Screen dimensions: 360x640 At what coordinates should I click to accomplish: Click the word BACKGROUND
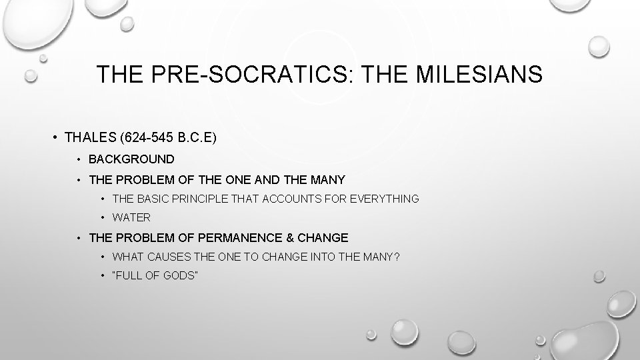click(131, 159)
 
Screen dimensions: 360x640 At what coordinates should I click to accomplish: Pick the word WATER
click(131, 217)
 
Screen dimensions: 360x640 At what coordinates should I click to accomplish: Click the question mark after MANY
click(397, 257)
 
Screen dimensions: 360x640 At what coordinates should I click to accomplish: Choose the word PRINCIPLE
click(204, 199)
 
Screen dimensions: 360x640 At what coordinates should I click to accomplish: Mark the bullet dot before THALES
click(54, 138)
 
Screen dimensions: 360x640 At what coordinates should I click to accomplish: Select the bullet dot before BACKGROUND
click(78, 159)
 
